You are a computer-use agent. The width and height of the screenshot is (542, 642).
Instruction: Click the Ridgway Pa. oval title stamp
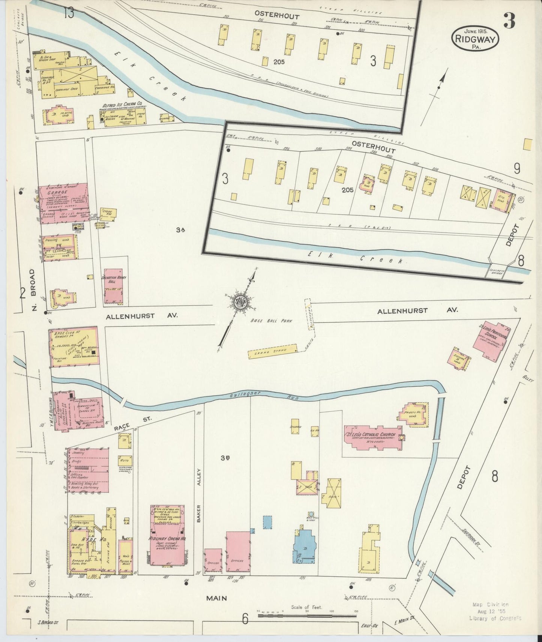click(475, 38)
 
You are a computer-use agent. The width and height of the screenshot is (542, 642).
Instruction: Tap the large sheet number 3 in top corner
click(509, 21)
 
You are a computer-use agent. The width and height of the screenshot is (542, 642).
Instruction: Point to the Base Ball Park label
click(272, 321)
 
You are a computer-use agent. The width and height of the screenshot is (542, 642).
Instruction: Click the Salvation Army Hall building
click(113, 286)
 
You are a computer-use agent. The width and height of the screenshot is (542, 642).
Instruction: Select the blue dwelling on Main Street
click(304, 546)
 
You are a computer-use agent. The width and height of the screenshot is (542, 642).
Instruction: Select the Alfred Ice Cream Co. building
click(123, 116)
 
